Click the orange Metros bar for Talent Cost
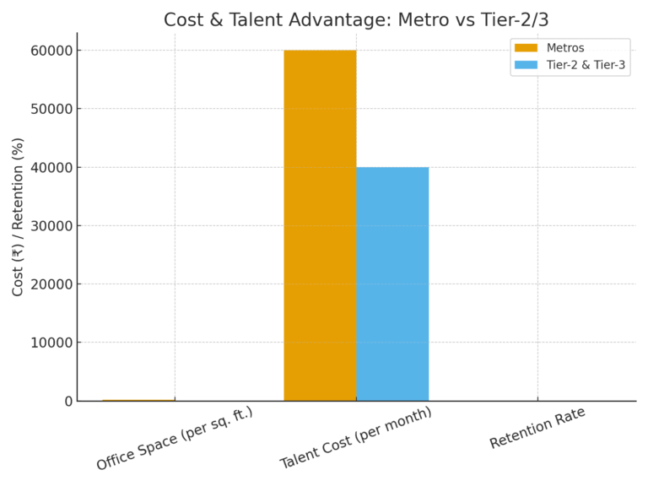pyautogui.click(x=320, y=225)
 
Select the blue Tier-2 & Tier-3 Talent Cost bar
pyautogui.click(x=392, y=283)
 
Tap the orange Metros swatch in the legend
pyautogui.click(x=526, y=48)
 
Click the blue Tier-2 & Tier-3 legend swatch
pyautogui.click(x=526, y=65)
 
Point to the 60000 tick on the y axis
pyautogui.click(x=50, y=51)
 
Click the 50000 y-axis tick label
pyautogui.click(x=50, y=109)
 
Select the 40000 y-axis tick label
pyautogui.click(x=50, y=167)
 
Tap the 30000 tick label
pyautogui.click(x=50, y=225)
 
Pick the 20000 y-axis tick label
pyautogui.click(x=50, y=284)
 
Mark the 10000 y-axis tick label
pyautogui.click(x=50, y=343)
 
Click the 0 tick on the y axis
pyautogui.click(x=68, y=401)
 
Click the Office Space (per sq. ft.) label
pyautogui.click(x=174, y=440)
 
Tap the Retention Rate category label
pyautogui.click(x=537, y=429)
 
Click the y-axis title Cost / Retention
pyautogui.click(x=18, y=217)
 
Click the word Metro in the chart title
pyautogui.click(x=419, y=19)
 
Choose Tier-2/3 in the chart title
pyautogui.click(x=514, y=19)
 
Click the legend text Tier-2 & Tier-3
pyautogui.click(x=586, y=65)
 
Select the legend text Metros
pyautogui.click(x=565, y=48)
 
